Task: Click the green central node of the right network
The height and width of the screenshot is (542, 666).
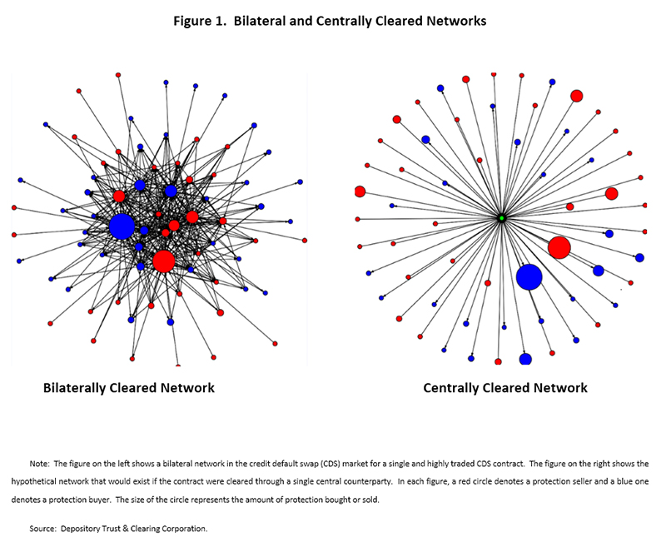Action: pos(501,218)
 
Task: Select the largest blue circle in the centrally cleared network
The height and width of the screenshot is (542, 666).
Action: pos(529,276)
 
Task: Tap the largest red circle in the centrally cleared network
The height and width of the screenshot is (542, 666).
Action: pos(559,247)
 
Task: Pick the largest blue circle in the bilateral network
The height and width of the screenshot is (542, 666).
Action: pos(122,226)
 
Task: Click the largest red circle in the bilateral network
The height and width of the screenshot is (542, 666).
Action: pos(164,261)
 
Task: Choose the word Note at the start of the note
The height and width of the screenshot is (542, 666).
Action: pos(40,462)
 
